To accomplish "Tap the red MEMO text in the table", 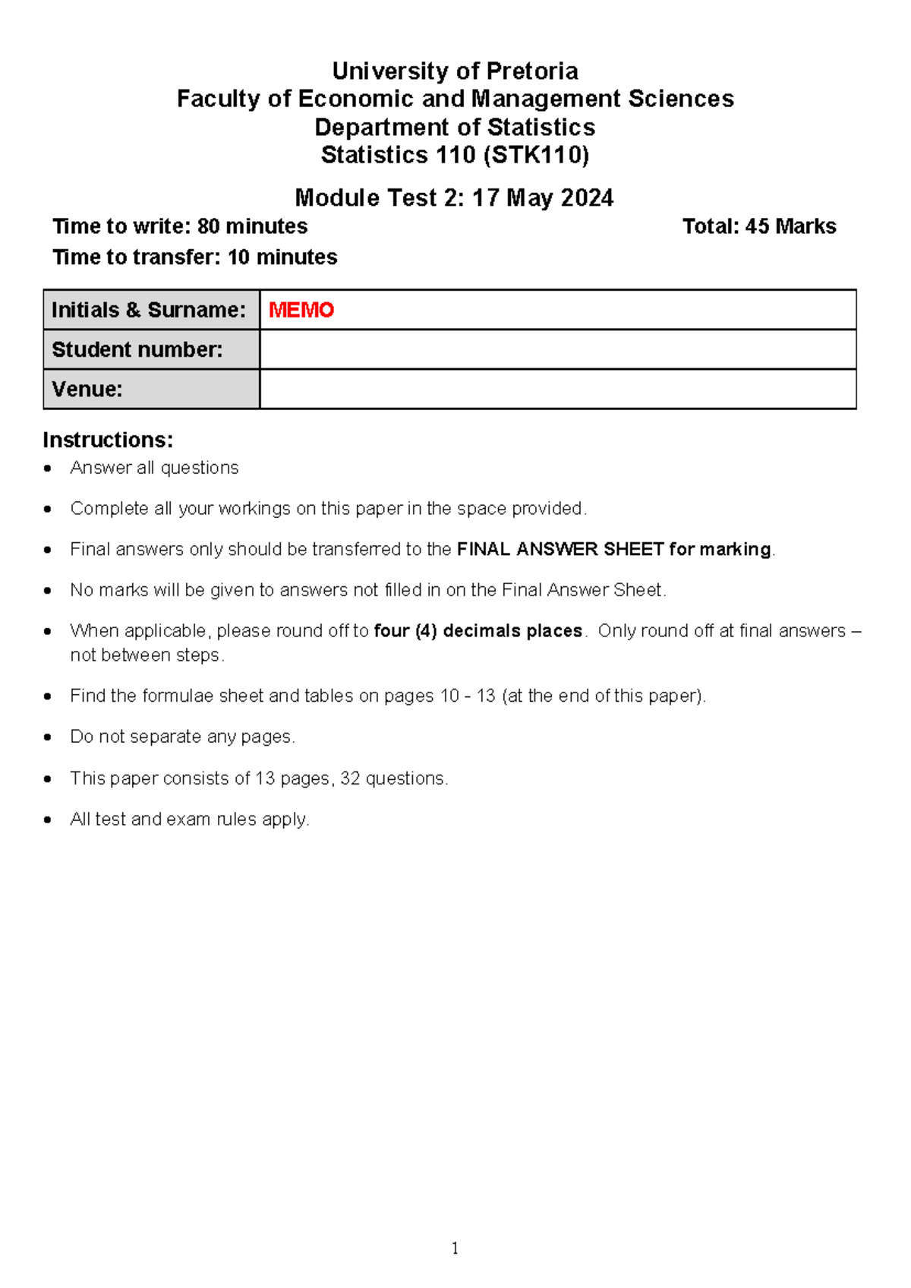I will point(301,310).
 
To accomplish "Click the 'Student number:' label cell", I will point(151,349).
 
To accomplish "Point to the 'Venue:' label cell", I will point(151,390).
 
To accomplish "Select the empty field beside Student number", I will point(558,349).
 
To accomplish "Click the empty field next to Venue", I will point(558,390).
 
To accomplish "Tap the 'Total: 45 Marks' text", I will point(758,226).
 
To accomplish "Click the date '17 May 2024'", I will point(542,198).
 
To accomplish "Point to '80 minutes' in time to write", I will point(252,226).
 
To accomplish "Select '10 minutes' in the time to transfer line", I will point(282,257).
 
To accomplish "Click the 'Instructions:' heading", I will point(108,440).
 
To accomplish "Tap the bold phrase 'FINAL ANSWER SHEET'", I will point(560,549).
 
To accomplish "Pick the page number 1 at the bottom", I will point(455,1248).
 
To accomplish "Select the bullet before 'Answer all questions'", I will point(49,469).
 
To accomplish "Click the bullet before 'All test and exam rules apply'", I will point(49,820).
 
